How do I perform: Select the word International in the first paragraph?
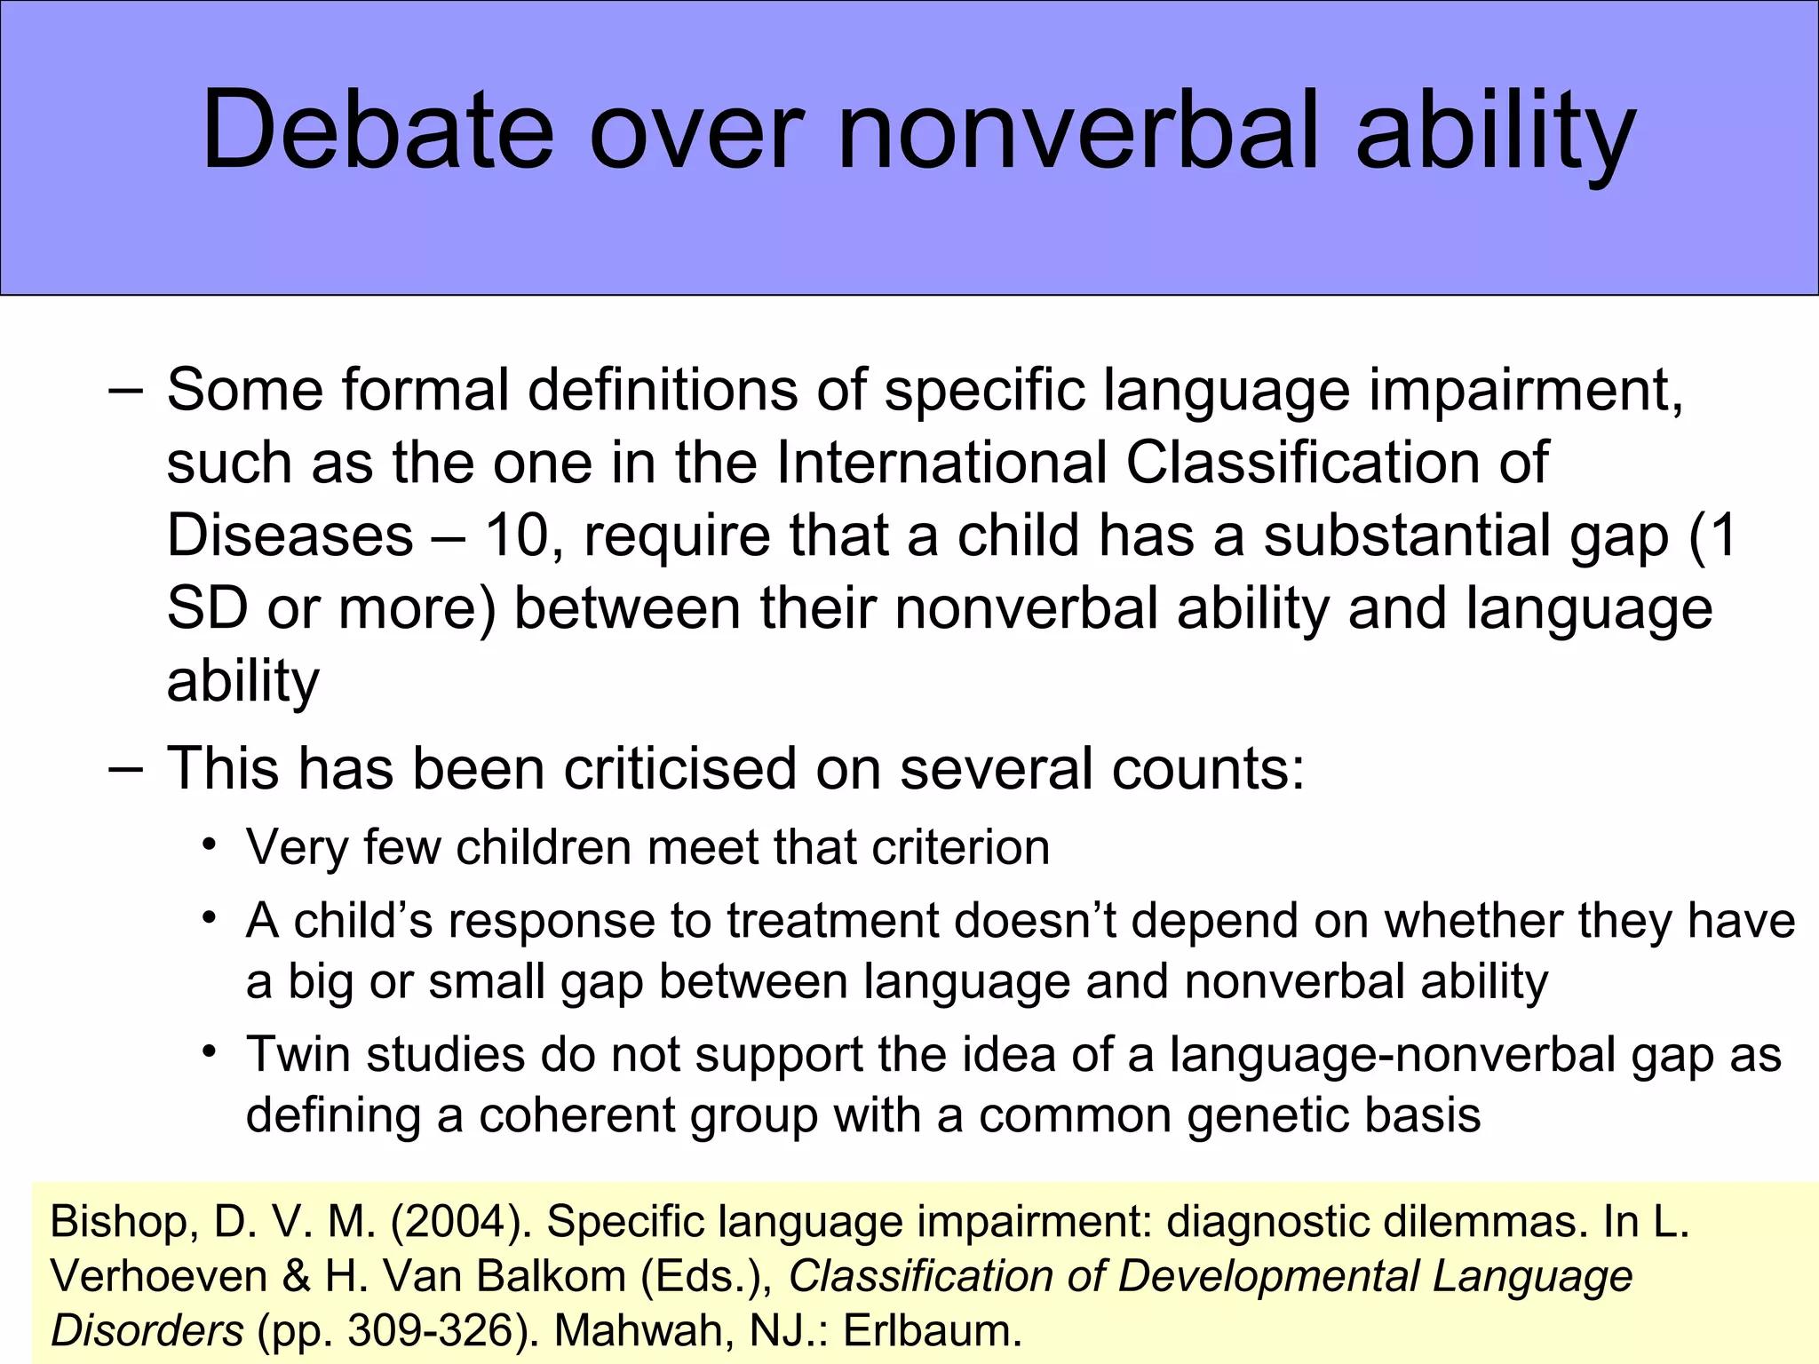coord(941,463)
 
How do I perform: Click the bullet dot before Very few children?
coord(210,844)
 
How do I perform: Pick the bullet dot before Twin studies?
coord(210,1052)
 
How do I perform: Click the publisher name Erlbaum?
coord(932,1331)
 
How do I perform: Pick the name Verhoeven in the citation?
coord(159,1277)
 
